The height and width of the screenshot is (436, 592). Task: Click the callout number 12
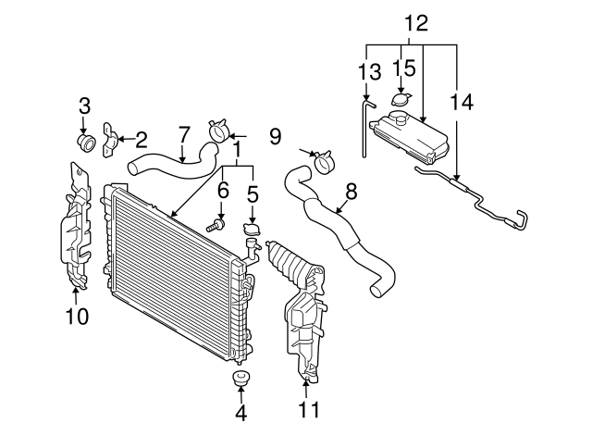pos(416,23)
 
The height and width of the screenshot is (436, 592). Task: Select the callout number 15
pos(402,69)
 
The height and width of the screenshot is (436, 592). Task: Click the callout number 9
pos(274,137)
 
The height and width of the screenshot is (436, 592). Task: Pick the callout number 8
pos(351,192)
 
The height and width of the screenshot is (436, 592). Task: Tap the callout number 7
pos(184,134)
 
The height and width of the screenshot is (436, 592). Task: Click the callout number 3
pos(84,106)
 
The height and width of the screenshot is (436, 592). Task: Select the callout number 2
pos(141,140)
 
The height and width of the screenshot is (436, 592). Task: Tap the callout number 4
pos(241,413)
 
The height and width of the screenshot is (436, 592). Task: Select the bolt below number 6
pos(218,222)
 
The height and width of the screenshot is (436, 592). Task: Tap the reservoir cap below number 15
pos(402,101)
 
